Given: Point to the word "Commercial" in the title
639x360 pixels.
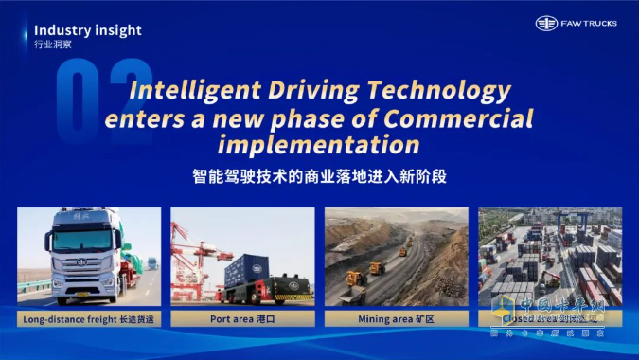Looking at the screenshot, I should coord(465,119).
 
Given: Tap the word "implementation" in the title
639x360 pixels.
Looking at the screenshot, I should coord(318,145).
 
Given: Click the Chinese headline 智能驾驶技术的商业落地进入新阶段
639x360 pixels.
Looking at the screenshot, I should coord(319,175).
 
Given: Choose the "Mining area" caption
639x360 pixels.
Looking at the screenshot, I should coord(396,319).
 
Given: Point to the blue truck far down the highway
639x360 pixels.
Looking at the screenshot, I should coord(151,261).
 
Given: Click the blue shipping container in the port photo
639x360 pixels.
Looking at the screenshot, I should coord(244,268).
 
